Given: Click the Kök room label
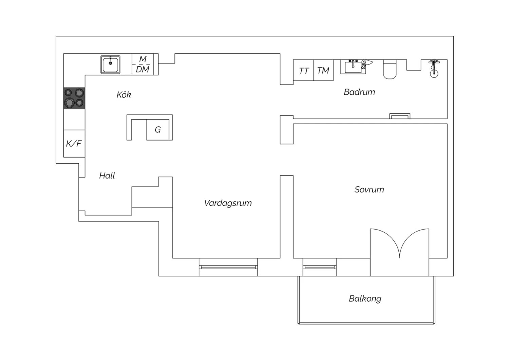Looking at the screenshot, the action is click(x=124, y=95).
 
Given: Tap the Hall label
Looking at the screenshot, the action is click(x=107, y=176).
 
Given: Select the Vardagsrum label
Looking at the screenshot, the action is click(x=228, y=203).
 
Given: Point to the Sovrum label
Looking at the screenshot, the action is click(x=369, y=190).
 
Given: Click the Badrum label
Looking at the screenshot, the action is click(x=359, y=92).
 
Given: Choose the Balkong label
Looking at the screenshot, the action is click(x=365, y=299).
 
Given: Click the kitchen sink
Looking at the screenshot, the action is click(x=110, y=65).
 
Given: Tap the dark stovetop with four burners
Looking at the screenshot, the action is click(x=74, y=98).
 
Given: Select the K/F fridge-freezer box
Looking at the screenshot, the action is click(x=74, y=144).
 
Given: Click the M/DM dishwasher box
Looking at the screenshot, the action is click(x=143, y=65).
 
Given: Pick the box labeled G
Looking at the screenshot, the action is click(x=158, y=130).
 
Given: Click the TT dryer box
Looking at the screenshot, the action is click(x=303, y=70).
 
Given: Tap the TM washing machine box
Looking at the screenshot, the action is click(x=323, y=70).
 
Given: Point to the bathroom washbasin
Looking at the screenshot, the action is click(x=353, y=67).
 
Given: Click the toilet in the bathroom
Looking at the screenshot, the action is click(x=390, y=69).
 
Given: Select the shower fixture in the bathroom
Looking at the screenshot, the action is click(x=434, y=69).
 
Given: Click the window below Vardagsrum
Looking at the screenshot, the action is click(x=228, y=267).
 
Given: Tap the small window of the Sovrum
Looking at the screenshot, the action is click(x=320, y=267).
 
